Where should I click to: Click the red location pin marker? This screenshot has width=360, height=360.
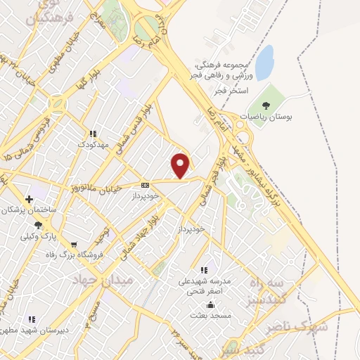coord(181,165)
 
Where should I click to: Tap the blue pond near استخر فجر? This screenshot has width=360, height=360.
coord(264,63)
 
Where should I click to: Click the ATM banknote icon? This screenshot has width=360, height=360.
coord(145,184)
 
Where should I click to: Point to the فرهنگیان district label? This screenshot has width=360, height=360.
coord(50,14)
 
